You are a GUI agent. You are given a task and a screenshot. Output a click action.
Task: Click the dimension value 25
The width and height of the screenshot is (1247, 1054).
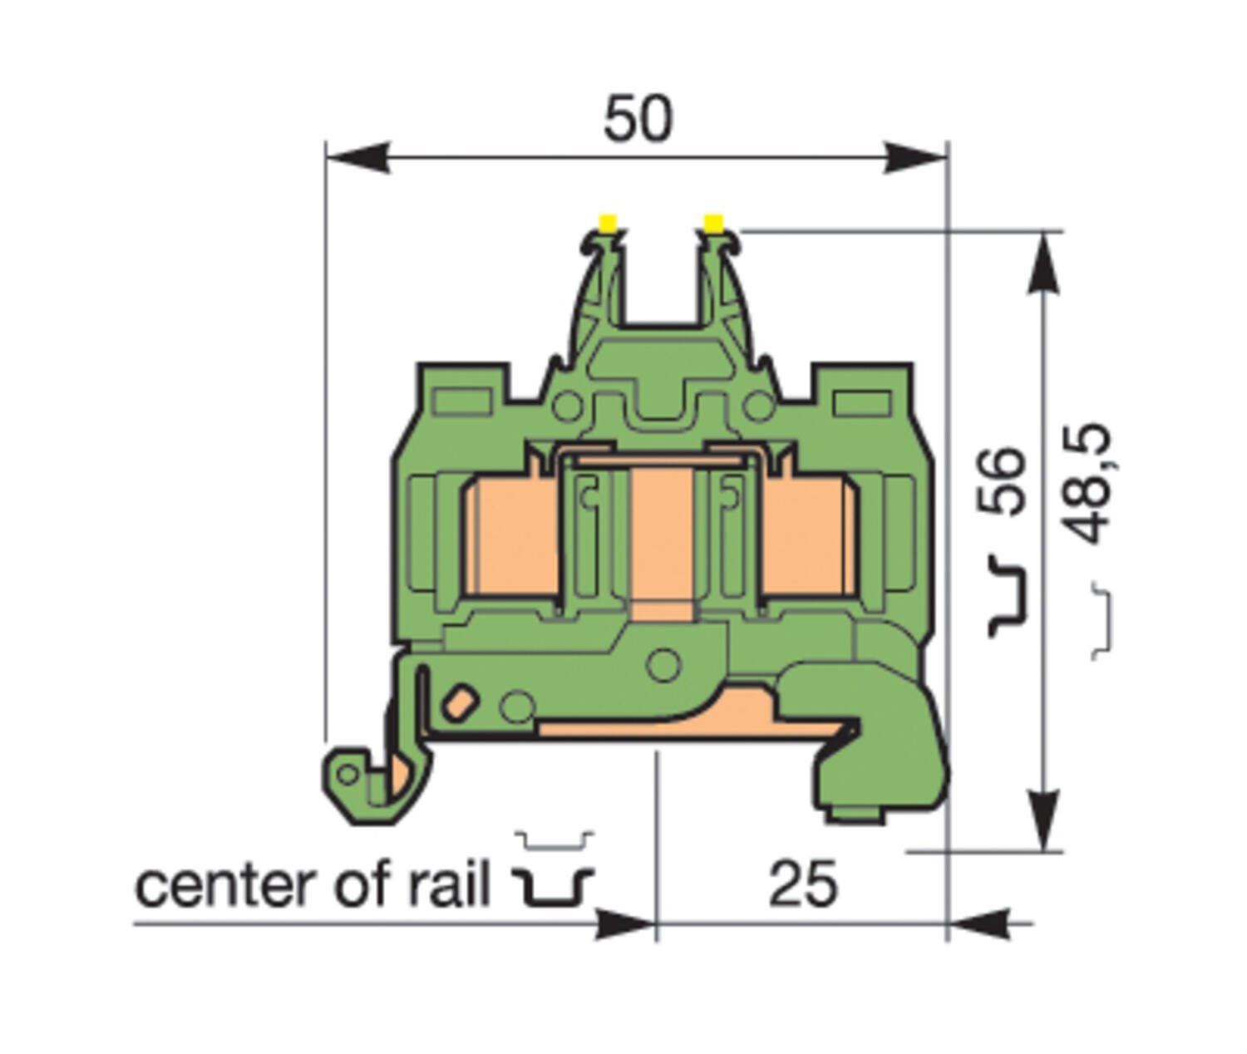[x=802, y=884]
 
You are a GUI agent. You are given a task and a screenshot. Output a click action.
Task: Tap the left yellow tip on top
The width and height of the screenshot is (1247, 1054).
[x=608, y=223]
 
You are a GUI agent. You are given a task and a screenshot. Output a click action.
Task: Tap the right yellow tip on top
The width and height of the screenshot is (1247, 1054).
[x=713, y=223]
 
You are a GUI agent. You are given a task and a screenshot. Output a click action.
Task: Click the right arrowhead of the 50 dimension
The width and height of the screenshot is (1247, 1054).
[x=914, y=156]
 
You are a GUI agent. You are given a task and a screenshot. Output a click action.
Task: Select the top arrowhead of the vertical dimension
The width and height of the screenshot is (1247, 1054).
[x=1044, y=262]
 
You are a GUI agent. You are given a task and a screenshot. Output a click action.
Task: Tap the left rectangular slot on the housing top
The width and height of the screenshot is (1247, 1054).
[x=462, y=404]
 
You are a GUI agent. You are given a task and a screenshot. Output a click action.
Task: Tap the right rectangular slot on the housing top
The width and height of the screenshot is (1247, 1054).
[x=862, y=404]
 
